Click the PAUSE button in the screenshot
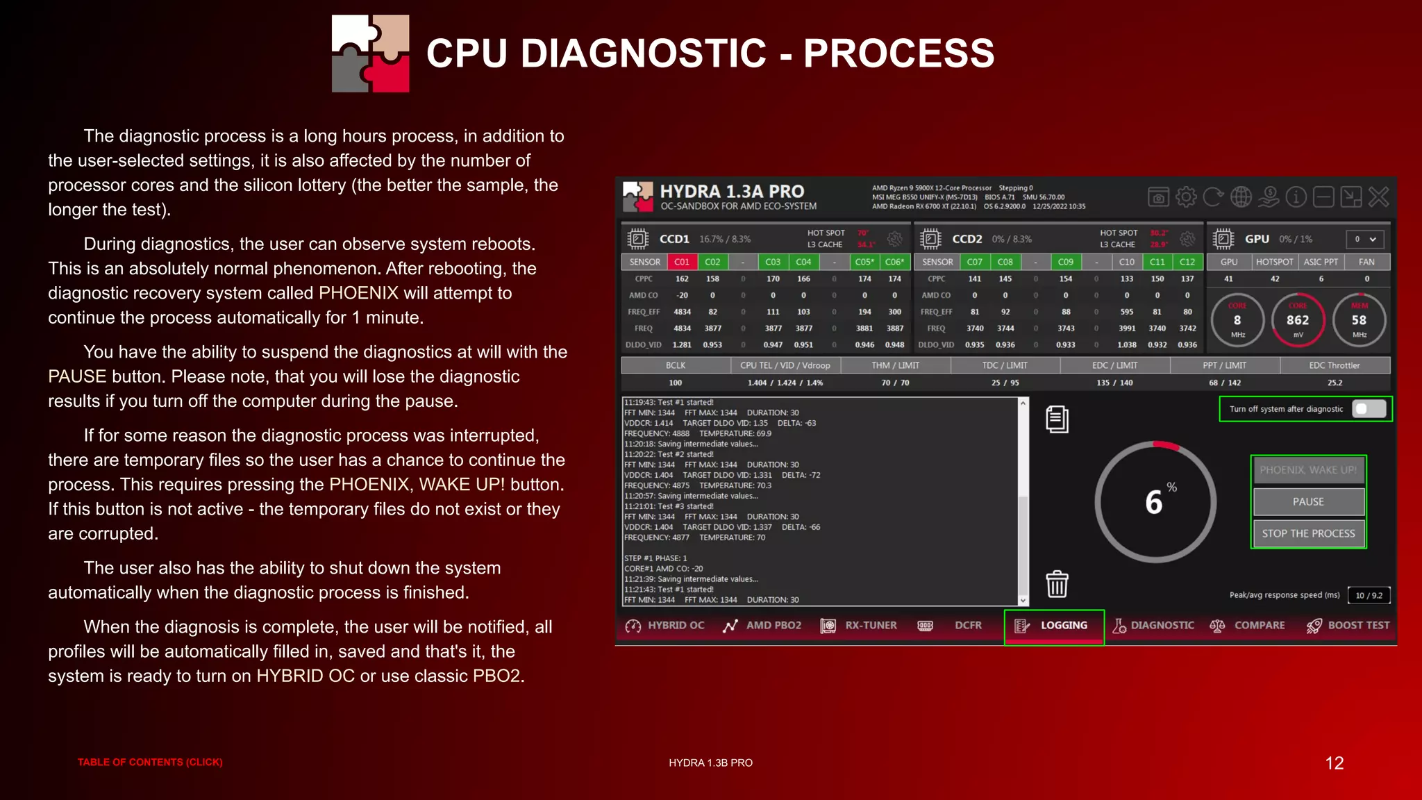tap(1308, 501)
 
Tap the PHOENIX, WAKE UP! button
tap(1308, 470)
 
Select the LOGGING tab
tap(1054, 626)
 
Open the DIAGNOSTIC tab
tap(1154, 626)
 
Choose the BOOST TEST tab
tap(1348, 626)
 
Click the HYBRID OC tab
tap(665, 626)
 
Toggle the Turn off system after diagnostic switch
tap(1369, 409)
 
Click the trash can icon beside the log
tap(1057, 584)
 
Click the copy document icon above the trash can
tap(1057, 419)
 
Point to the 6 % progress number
tap(1155, 501)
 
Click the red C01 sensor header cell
tap(682, 262)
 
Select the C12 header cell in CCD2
tap(1187, 262)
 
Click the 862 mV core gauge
tap(1298, 320)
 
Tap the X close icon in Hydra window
tap(1379, 197)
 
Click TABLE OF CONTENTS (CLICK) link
tap(150, 762)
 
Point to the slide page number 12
tap(1334, 763)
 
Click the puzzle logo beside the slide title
tap(370, 53)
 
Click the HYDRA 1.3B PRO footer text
tap(710, 762)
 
